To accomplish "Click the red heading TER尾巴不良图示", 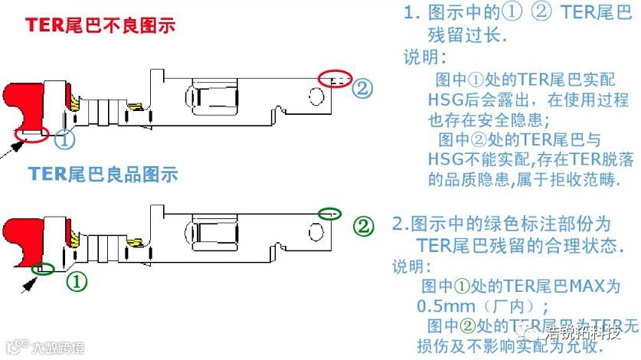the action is (100, 25).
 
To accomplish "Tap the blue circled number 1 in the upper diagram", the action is (66, 140).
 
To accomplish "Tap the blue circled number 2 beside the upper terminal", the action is (361, 87).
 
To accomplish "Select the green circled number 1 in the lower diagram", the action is (77, 280).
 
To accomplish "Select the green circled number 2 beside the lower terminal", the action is (365, 226).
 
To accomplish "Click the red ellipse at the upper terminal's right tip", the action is (335, 77).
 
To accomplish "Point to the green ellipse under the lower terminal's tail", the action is (44, 269).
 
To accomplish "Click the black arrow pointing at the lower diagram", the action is (29, 284).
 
